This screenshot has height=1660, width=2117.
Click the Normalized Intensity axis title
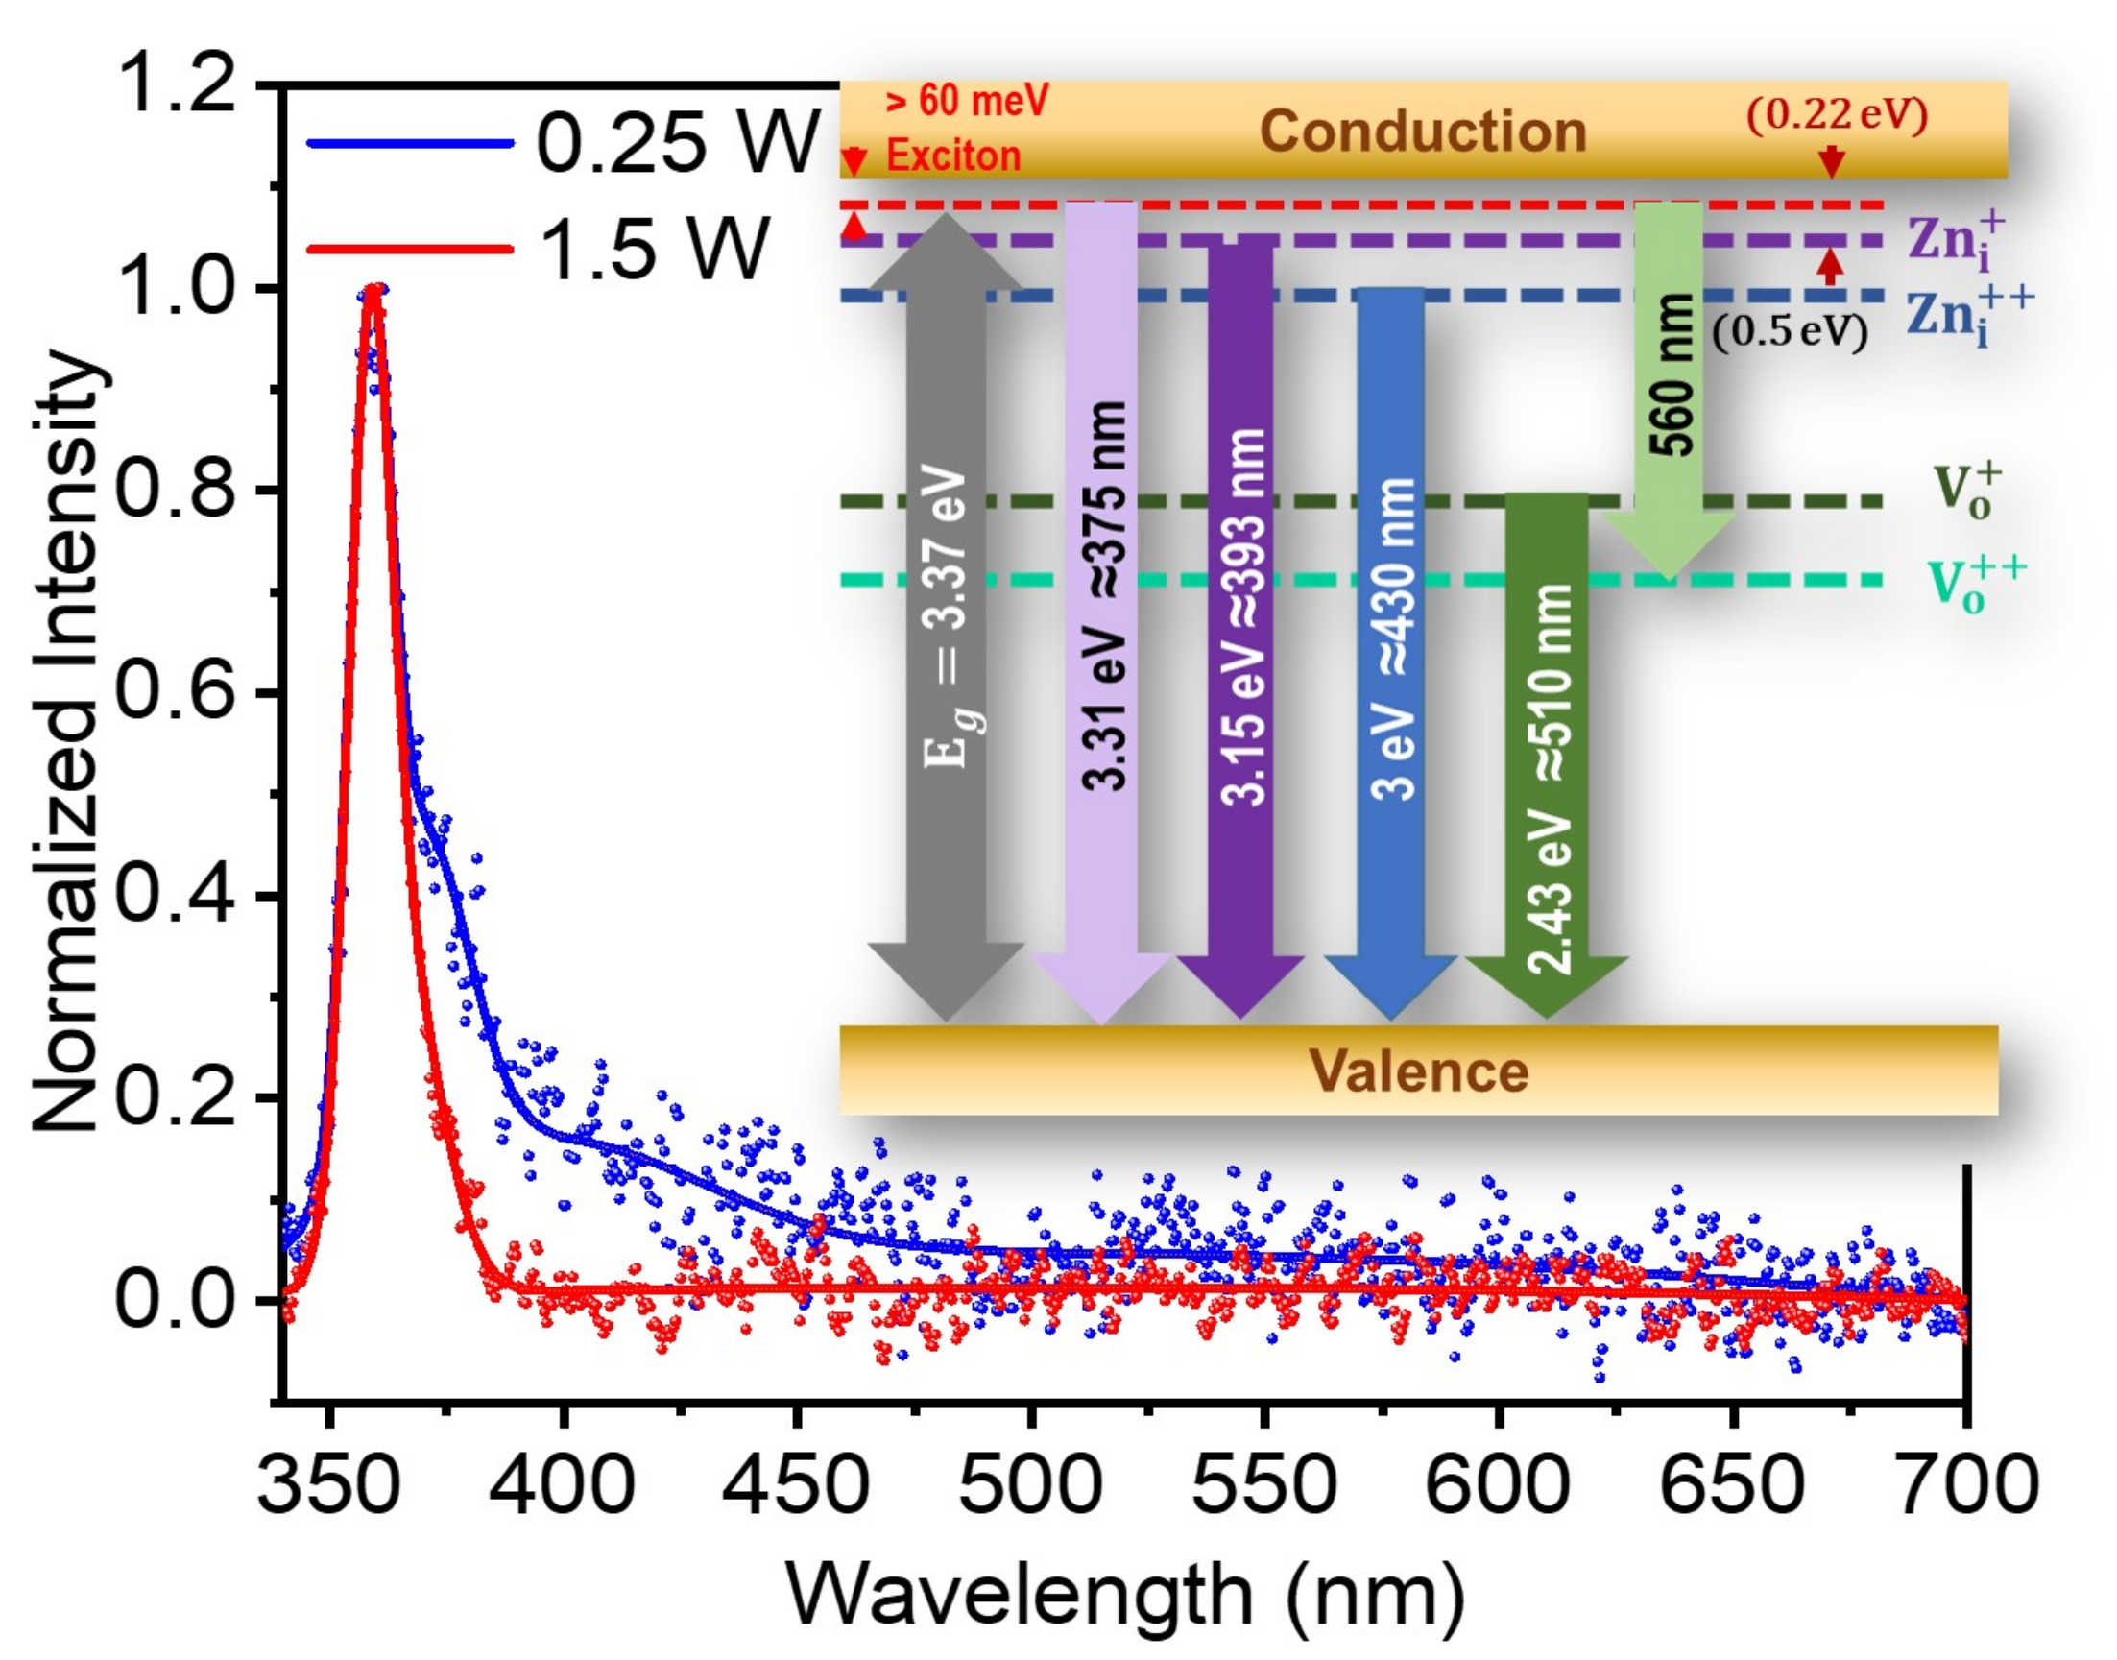(x=68, y=743)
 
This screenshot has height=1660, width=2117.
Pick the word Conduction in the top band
(x=1422, y=131)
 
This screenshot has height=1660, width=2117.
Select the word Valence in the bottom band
(x=1419, y=1071)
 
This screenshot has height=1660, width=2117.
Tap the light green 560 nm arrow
(x=1669, y=389)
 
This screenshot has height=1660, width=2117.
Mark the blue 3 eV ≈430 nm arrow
(x=1391, y=641)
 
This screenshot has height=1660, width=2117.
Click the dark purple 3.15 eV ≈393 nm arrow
(x=1241, y=622)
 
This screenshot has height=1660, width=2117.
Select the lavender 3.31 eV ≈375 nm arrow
(x=1102, y=603)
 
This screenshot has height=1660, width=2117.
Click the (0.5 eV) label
(x=1790, y=333)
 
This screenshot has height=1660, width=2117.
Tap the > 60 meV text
(x=966, y=100)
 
